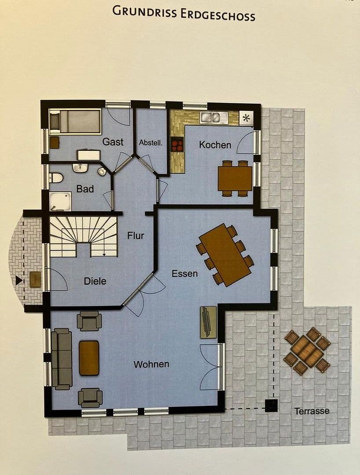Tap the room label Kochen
coord(215,145)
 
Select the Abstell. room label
coord(151,142)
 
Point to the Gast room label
coord(113,142)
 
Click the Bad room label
coord(85,189)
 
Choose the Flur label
coord(136,236)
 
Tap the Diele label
coord(95,281)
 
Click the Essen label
coord(184,274)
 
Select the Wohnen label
coord(151,364)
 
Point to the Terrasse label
coord(312,411)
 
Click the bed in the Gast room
coord(75,121)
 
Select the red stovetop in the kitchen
coord(177,145)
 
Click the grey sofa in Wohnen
coord(62,359)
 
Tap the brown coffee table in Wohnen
coord(89,358)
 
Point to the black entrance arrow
coord(18,280)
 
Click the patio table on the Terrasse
coord(307,351)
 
